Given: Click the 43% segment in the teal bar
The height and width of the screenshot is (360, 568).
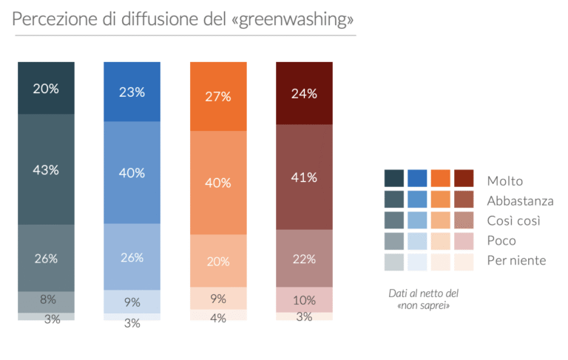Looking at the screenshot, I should [x=46, y=169].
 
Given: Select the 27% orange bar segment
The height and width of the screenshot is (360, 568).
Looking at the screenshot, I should [x=218, y=97].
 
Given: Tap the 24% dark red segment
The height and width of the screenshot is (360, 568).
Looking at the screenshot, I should [x=304, y=94].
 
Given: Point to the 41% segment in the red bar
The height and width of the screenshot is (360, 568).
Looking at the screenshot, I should [x=304, y=177].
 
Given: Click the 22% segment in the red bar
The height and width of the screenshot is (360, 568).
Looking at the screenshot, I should [x=304, y=259].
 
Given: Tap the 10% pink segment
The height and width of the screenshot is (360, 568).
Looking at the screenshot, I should [x=304, y=300].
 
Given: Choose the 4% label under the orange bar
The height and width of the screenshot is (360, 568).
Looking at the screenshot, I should [x=218, y=319].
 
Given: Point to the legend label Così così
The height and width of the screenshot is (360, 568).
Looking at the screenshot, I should [x=513, y=220].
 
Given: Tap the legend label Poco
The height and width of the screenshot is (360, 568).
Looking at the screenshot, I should [x=501, y=240].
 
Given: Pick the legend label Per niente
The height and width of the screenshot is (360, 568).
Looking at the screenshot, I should [x=516, y=260].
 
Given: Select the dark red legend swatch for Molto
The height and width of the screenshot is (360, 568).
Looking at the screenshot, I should [x=463, y=178].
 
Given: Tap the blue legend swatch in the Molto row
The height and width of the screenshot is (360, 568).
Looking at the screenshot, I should [x=417, y=178].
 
